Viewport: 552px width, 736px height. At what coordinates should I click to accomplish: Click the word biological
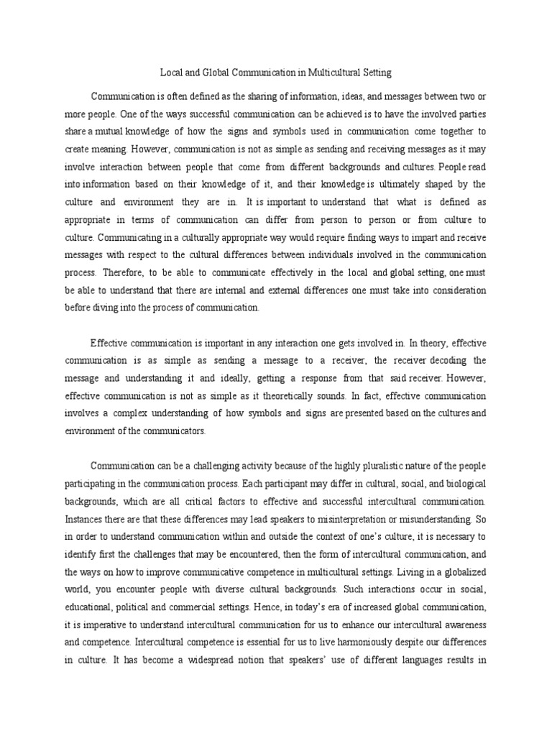(464, 482)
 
